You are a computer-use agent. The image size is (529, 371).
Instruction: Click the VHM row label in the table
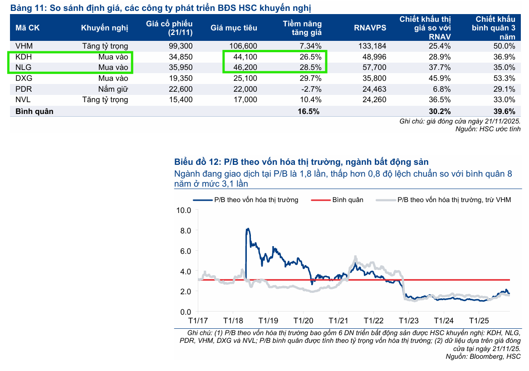click(24, 46)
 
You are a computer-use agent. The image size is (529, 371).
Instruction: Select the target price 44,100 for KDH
click(245, 57)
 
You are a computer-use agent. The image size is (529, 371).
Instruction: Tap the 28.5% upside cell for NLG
click(310, 68)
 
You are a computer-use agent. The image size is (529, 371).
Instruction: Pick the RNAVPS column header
click(370, 28)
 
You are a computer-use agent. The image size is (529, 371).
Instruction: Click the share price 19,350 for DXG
click(180, 78)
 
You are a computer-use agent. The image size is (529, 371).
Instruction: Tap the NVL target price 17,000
click(245, 100)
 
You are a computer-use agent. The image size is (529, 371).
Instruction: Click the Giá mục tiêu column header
click(234, 28)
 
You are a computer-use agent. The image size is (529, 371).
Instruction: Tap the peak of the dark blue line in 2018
click(248, 229)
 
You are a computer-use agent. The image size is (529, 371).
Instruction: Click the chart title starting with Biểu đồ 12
click(301, 162)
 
